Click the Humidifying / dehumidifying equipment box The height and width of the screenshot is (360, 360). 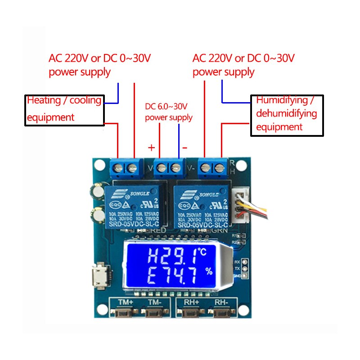(x=287, y=115)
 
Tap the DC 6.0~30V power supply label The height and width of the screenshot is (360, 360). (x=168, y=112)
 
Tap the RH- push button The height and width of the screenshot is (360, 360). (x=220, y=313)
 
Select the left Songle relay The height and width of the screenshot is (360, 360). (x=133, y=207)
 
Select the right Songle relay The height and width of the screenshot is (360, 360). (x=202, y=207)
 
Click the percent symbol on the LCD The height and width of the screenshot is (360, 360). (x=208, y=271)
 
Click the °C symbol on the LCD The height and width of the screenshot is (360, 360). (x=202, y=252)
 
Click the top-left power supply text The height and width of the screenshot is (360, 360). (x=99, y=65)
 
